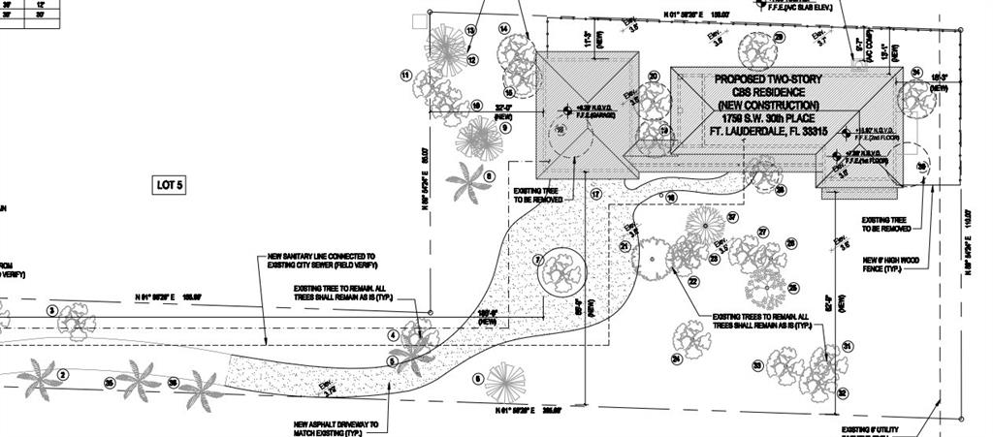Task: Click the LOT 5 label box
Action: coord(170,185)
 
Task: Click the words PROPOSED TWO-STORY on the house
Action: coord(768,78)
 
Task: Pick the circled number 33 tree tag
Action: coord(756,365)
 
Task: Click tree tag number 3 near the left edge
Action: coord(52,310)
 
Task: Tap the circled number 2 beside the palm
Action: coord(63,374)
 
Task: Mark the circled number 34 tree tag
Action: coord(916,73)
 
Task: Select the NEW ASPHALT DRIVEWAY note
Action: coord(336,424)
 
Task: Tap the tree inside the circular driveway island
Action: coord(562,274)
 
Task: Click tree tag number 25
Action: coord(793,287)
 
